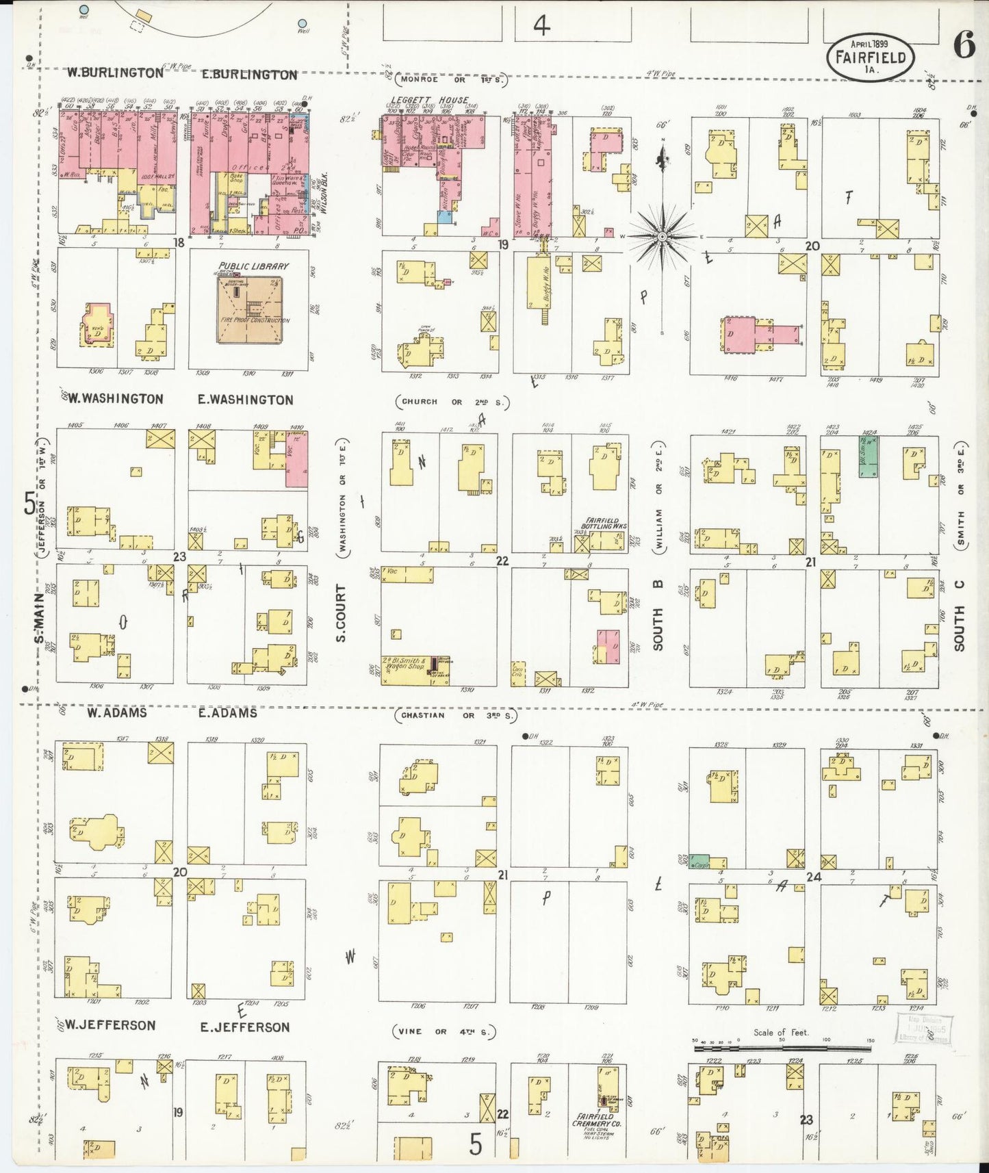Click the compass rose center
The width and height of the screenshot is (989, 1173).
pos(663,237)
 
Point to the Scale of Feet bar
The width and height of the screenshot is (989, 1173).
pos(782,1047)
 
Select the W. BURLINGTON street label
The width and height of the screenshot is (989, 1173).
pos(115,72)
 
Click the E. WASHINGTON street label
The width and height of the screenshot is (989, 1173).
pos(245,400)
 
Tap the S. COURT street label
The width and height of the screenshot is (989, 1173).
pos(341,613)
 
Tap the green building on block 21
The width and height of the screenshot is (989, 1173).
pos(869,456)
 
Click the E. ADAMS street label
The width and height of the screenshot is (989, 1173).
pos(228,713)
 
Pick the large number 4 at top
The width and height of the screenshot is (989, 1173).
pos(541,27)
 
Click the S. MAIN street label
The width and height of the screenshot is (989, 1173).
pos(40,617)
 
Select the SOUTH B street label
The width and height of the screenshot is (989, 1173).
pos(658,615)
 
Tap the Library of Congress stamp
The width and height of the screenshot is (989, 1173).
pos(923,1028)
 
